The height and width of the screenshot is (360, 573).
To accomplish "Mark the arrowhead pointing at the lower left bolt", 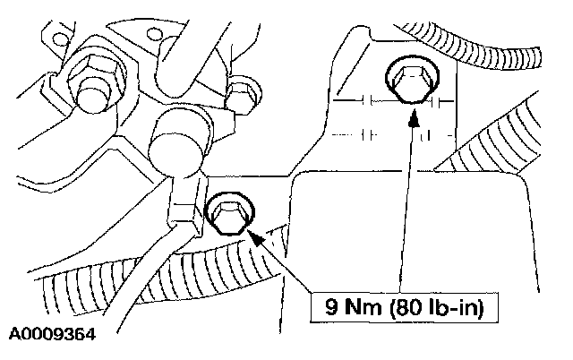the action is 254,236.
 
